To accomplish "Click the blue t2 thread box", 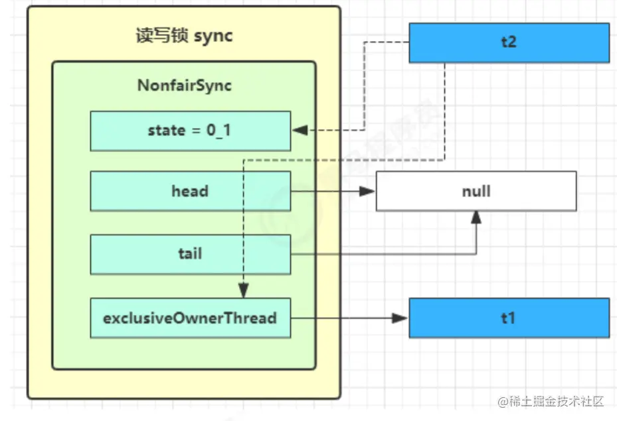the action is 509,43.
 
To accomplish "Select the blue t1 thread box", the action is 509,318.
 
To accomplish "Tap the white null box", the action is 476,191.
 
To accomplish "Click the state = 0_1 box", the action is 191,131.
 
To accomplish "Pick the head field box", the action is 191,191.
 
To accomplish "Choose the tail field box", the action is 191,254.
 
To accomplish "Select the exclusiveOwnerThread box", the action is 191,318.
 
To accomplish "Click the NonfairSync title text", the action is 185,86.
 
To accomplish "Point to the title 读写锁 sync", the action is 184,36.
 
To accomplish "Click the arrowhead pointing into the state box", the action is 300,130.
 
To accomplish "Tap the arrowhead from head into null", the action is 367,191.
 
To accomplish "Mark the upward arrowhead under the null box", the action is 476,217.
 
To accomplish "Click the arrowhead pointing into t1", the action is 400,318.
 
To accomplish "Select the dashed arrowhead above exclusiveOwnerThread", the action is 244,290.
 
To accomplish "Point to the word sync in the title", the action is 213,36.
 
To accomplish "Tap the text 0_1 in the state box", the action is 219,131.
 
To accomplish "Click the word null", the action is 476,191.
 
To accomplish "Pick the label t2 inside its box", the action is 509,42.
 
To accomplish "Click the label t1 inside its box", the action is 508,318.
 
